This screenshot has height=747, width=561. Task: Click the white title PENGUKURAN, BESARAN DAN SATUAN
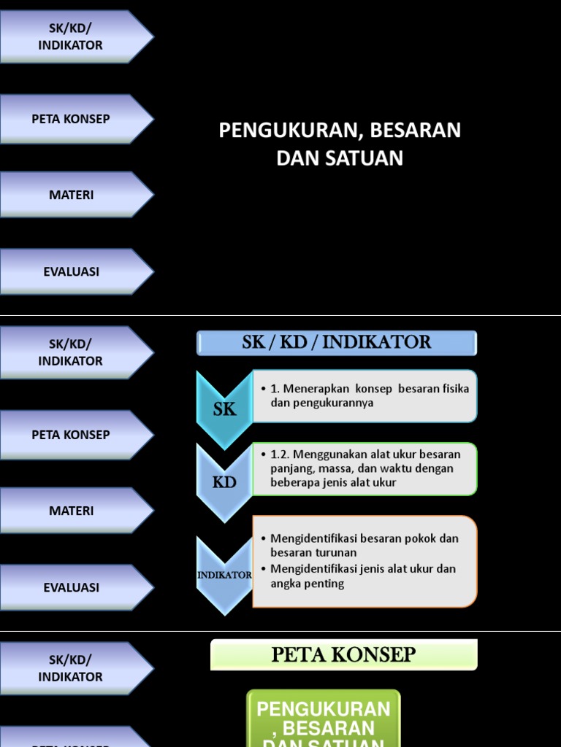340,144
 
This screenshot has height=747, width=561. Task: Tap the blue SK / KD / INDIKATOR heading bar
337,342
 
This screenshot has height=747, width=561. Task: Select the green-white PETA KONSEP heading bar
343,654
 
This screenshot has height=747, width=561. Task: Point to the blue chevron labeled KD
224,482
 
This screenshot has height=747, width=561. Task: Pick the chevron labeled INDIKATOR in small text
224,575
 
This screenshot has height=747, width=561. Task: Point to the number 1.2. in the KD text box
281,454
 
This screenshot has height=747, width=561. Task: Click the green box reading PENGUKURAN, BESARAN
324,719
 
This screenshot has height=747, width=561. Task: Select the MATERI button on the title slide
72,195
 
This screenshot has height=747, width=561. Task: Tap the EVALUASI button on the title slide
72,271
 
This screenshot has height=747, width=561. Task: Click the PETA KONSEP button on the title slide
72,119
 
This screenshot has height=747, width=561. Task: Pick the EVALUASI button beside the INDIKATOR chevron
72,587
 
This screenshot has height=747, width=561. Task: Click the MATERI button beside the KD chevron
72,511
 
